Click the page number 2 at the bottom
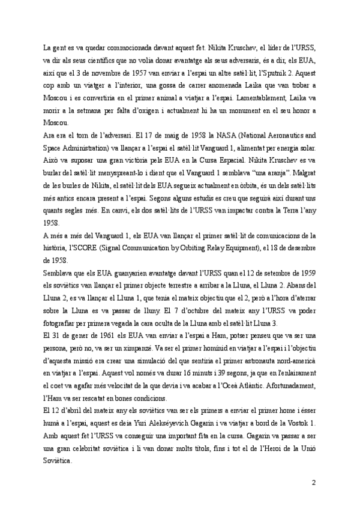point(313,483)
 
